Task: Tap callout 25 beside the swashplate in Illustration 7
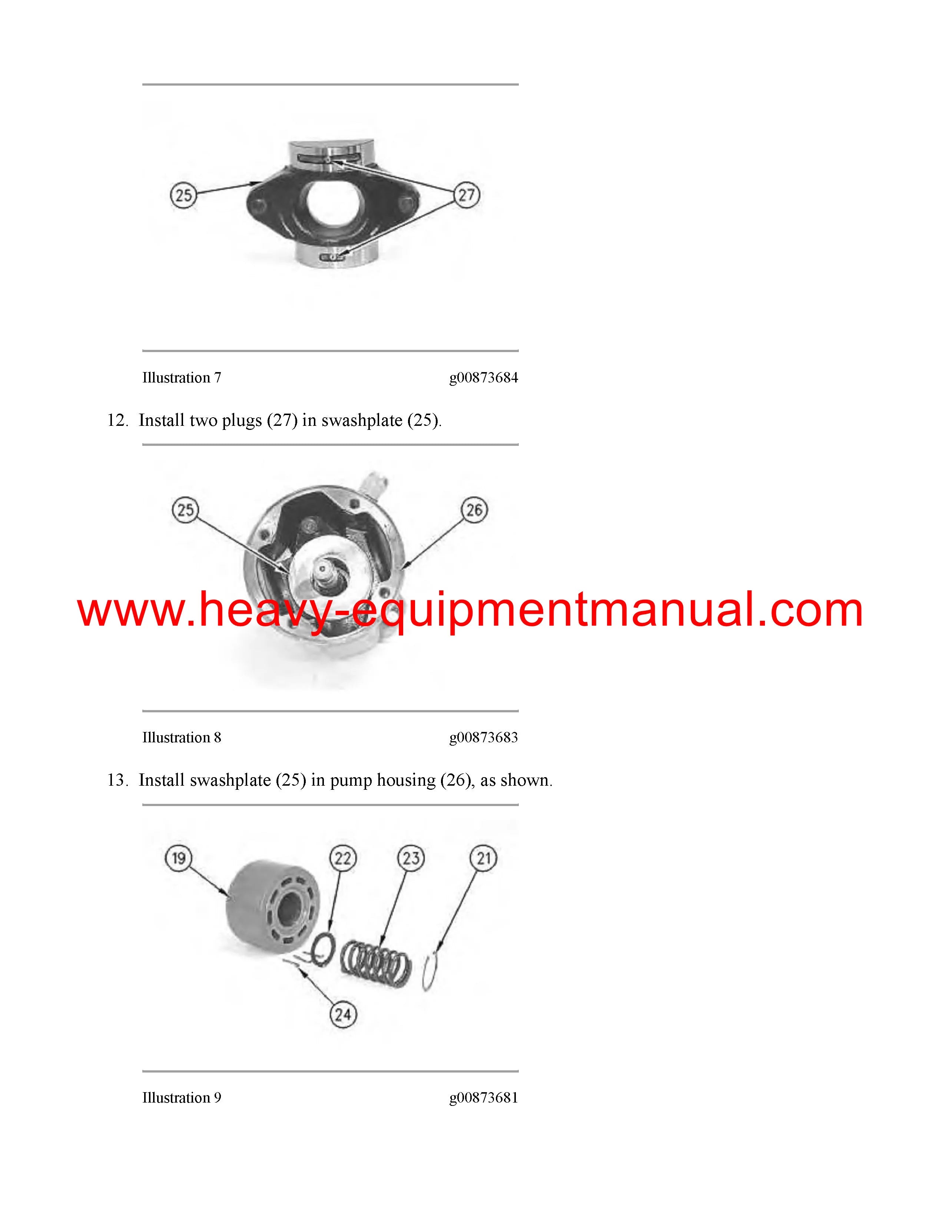(x=183, y=195)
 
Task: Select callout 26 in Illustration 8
(x=474, y=510)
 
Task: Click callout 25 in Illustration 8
(x=185, y=510)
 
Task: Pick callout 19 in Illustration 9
(x=179, y=858)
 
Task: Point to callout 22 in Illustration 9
(x=343, y=858)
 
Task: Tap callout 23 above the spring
(x=411, y=858)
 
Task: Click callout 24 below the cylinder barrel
(x=343, y=1014)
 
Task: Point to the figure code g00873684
(x=484, y=378)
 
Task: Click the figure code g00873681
(x=484, y=1098)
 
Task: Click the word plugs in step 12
(x=242, y=421)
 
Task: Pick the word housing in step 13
(x=406, y=780)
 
